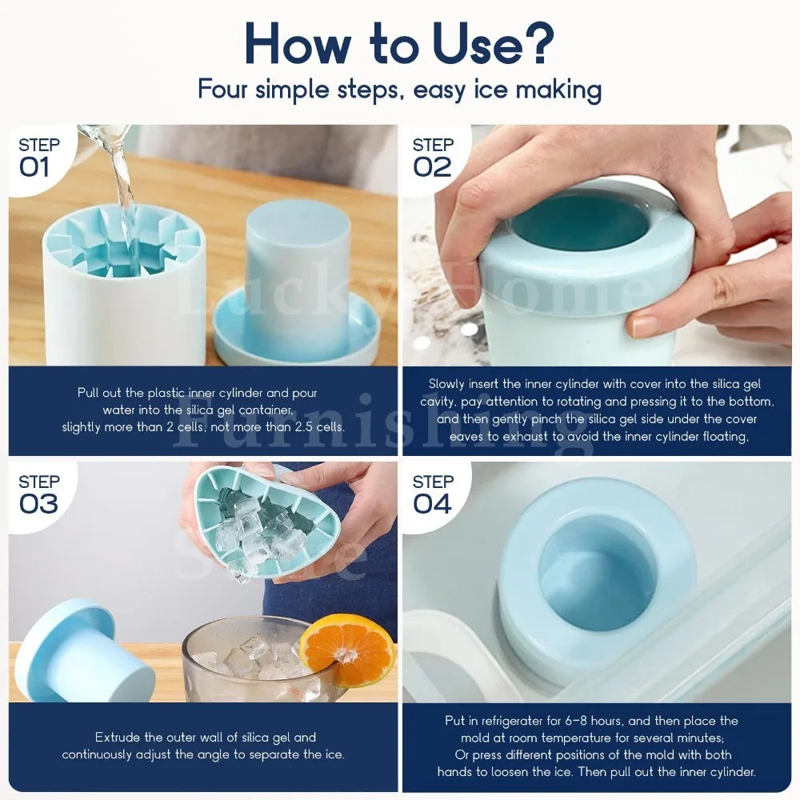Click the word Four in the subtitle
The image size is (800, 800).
tap(223, 89)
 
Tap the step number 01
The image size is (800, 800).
tap(34, 167)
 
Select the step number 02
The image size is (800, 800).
tap(432, 167)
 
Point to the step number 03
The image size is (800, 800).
tap(38, 504)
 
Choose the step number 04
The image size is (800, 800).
tap(432, 504)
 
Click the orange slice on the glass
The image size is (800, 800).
tap(347, 650)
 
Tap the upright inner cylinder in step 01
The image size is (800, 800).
tap(298, 278)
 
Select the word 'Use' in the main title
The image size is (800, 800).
tap(478, 43)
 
